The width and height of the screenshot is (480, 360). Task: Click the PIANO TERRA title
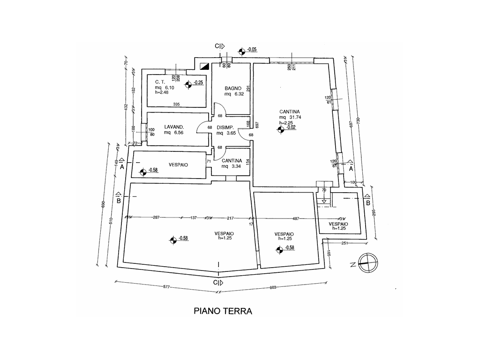[223, 311]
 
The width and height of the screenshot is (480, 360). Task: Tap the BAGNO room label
[232, 88]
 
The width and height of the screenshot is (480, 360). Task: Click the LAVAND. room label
[173, 127]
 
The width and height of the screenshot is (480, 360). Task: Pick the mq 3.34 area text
[231, 166]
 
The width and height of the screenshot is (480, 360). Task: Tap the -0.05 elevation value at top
[252, 50]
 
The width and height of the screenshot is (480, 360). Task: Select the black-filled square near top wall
[203, 66]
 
